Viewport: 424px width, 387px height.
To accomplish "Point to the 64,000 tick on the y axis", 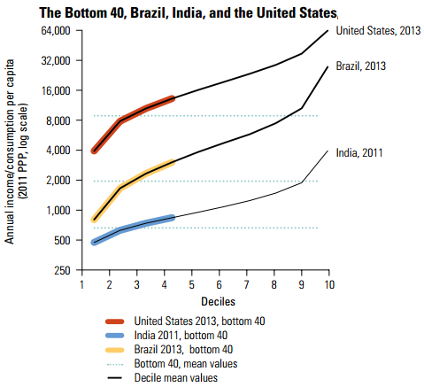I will click(x=55, y=31).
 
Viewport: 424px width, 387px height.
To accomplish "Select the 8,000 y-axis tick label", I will click(x=58, y=120).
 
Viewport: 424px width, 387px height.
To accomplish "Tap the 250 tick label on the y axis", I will click(x=62, y=270).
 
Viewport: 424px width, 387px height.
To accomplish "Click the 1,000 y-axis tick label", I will click(x=58, y=210).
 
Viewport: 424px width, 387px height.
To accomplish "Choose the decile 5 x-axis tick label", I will click(x=191, y=284).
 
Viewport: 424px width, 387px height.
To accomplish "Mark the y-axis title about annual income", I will click(x=15, y=151).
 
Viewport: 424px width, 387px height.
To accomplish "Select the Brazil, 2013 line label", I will click(x=360, y=66).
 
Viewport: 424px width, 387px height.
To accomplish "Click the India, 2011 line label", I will click(x=358, y=152).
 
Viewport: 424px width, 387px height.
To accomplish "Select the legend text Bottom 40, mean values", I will click(x=187, y=363).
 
